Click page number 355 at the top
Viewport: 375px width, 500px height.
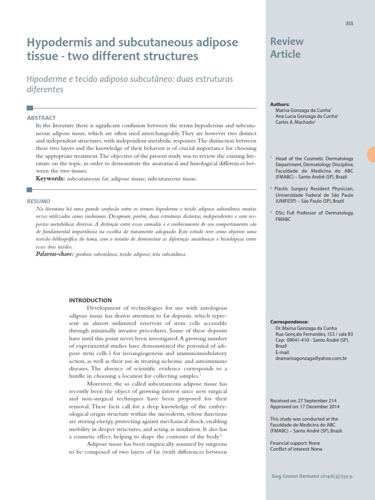coord(349,23)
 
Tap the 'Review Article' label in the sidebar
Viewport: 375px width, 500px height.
coord(287,48)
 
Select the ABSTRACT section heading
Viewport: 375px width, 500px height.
coord(42,118)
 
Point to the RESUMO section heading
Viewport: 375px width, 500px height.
coord(39,201)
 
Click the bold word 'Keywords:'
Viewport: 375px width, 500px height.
coord(51,179)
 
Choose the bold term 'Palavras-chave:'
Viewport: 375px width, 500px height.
coord(55,254)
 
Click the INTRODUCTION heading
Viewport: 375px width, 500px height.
coord(90,300)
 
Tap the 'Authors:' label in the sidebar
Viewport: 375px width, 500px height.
coord(280,104)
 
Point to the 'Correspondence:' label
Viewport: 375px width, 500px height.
coord(289,322)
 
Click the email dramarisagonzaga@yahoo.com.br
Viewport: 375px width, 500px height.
coord(311,358)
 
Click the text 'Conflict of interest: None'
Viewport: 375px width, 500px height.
coord(296,449)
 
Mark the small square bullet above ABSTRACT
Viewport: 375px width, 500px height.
coord(30,108)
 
